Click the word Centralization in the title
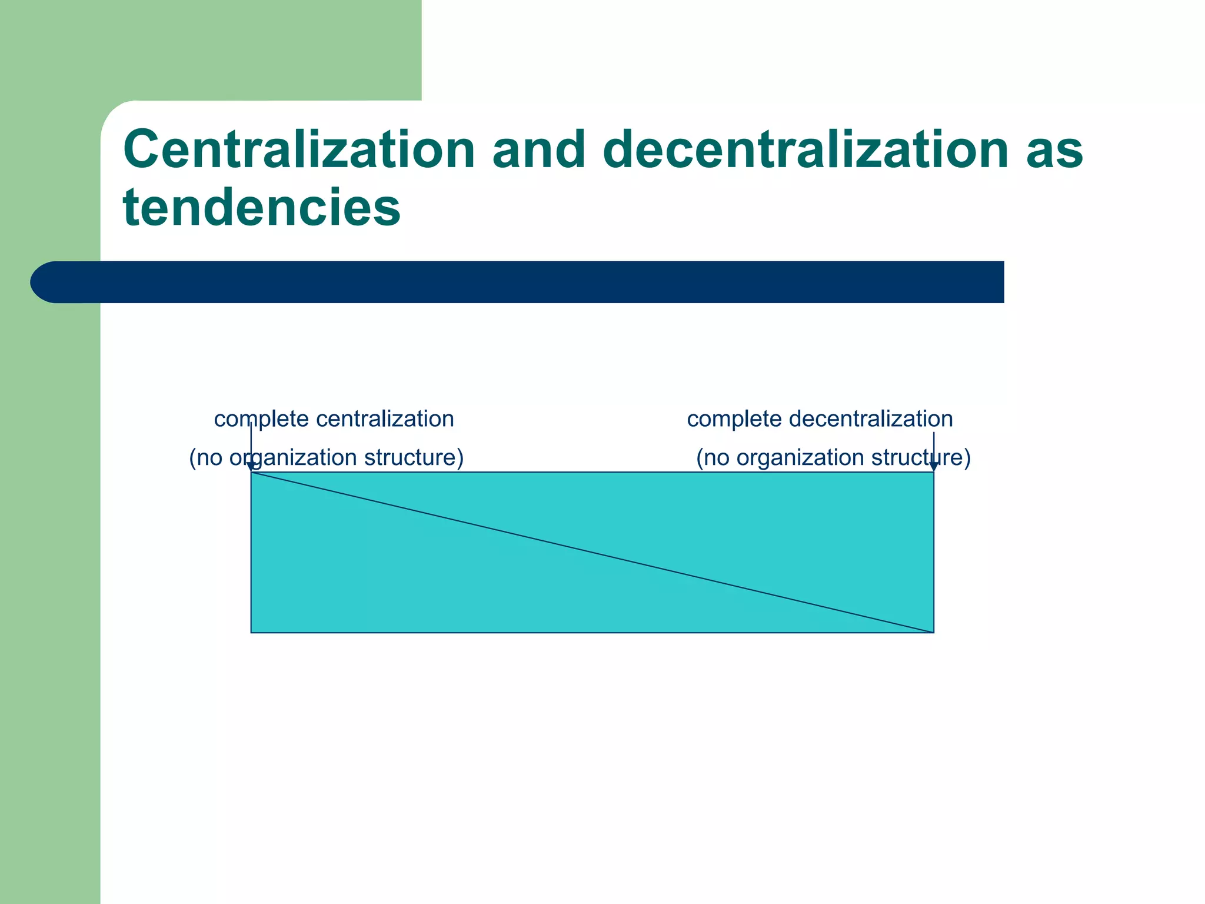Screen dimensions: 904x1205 click(x=299, y=149)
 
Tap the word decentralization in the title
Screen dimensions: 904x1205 click(x=805, y=149)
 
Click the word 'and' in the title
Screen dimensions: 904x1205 click(x=538, y=149)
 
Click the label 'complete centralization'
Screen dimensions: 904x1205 click(x=334, y=419)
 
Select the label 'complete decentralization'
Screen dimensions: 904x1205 click(x=820, y=419)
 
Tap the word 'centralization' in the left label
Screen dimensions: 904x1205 click(x=385, y=419)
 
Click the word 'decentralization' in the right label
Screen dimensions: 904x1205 click(x=870, y=419)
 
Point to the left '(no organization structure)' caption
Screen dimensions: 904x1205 click(x=326, y=457)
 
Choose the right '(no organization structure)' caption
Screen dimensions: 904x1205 click(x=833, y=457)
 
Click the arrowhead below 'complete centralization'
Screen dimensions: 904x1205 click(x=251, y=467)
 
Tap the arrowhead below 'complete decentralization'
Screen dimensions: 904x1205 click(x=934, y=467)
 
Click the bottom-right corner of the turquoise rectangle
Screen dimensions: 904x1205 click(x=934, y=633)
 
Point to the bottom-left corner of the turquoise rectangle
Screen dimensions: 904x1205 click(x=251, y=633)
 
